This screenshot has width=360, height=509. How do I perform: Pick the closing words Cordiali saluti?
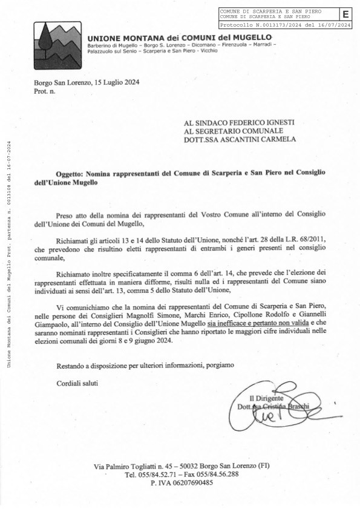point(76,383)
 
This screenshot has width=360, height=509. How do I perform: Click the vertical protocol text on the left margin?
point(8,254)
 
